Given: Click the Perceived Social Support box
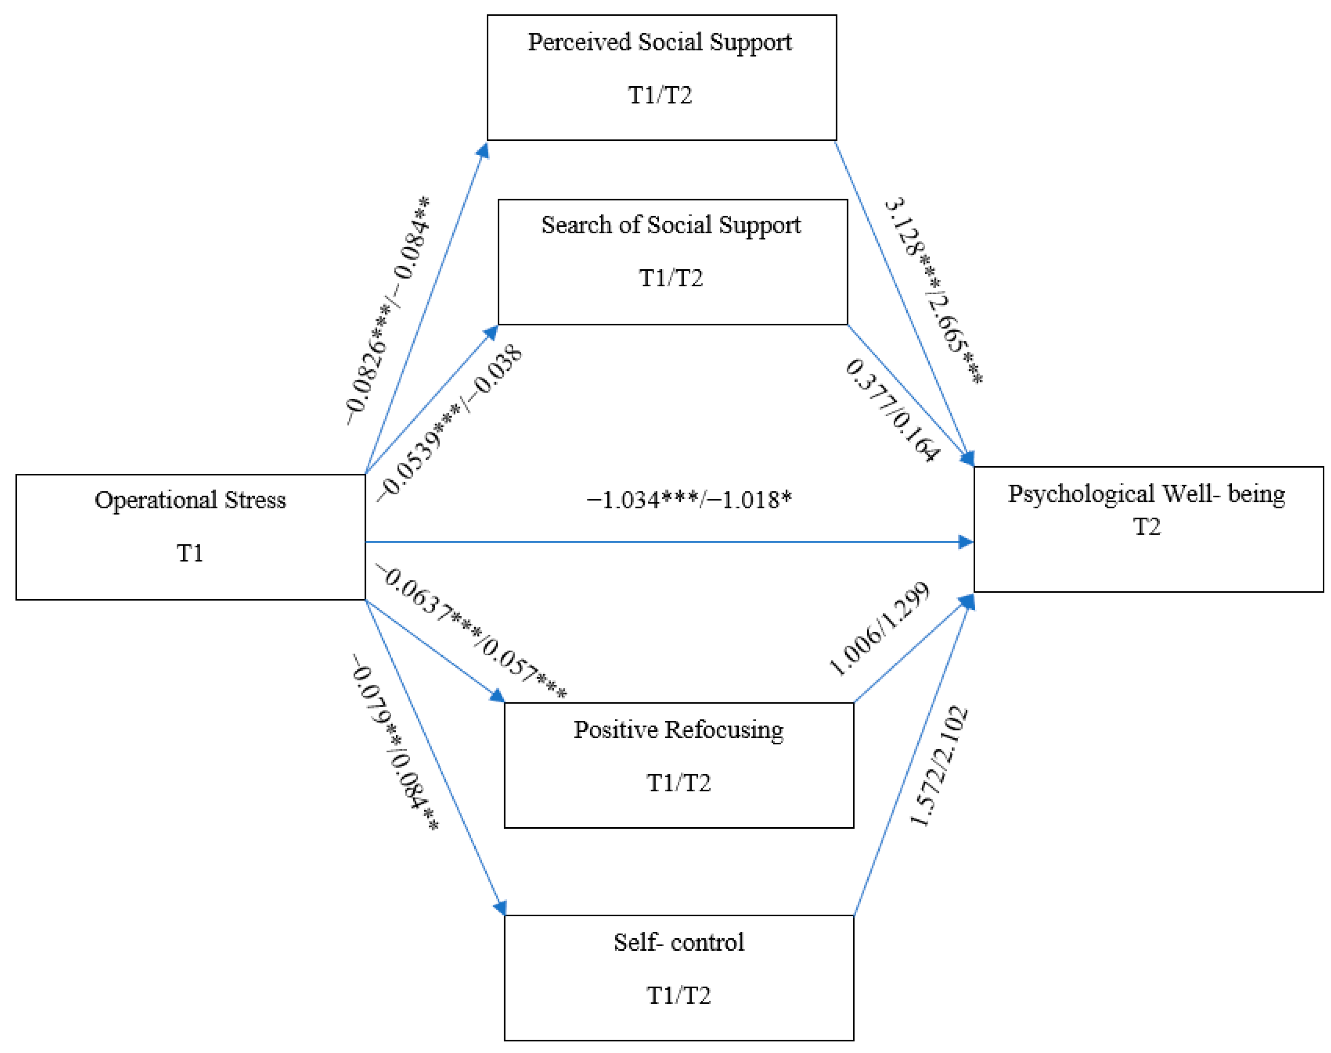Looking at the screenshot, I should [x=661, y=77].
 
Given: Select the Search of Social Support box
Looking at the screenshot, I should [x=672, y=262].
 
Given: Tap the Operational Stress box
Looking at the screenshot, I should [x=190, y=536].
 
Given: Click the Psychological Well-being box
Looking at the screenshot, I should [x=1148, y=529].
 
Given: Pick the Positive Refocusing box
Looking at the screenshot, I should [x=679, y=764].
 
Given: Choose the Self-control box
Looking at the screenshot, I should [x=679, y=978].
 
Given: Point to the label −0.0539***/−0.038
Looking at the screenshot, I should [x=449, y=423].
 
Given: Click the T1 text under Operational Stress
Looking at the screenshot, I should [x=190, y=553].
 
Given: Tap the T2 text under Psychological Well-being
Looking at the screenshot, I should [x=1146, y=527].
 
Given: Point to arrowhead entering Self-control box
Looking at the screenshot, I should [x=500, y=908].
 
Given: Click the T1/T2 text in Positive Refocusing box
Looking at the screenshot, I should [x=679, y=783].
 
